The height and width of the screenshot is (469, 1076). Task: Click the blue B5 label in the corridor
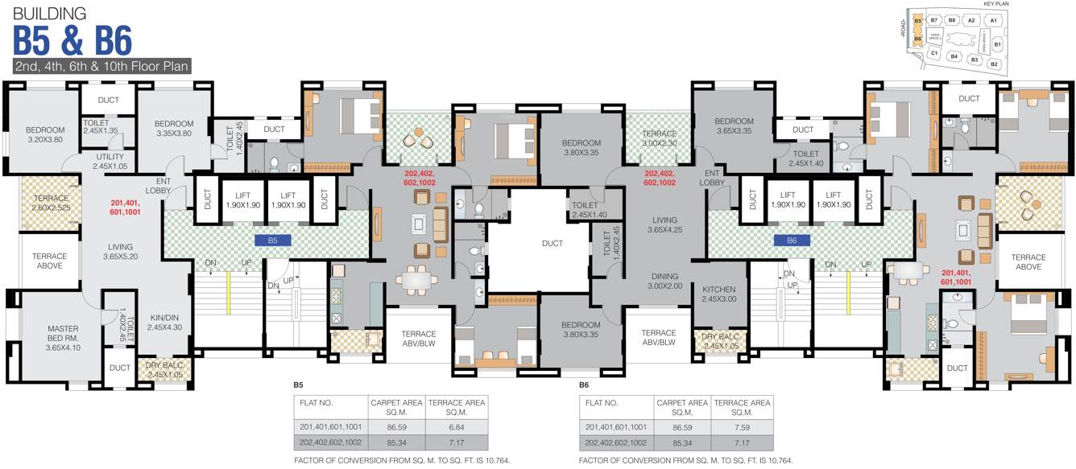pyautogui.click(x=272, y=240)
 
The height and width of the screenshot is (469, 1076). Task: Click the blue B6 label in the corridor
pyautogui.click(x=792, y=240)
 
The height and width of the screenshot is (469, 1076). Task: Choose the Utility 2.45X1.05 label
pyautogui.click(x=110, y=162)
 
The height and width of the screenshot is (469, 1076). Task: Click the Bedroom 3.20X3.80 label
pyautogui.click(x=44, y=135)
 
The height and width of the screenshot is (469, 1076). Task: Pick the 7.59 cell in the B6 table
pyautogui.click(x=742, y=426)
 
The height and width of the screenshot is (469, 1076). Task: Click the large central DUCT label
pyautogui.click(x=552, y=243)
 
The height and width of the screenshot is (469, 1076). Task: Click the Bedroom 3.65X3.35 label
pyautogui.click(x=733, y=126)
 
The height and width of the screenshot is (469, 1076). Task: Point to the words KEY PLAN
pyautogui.click(x=995, y=4)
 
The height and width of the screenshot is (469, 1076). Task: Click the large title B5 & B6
pyautogui.click(x=72, y=40)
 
